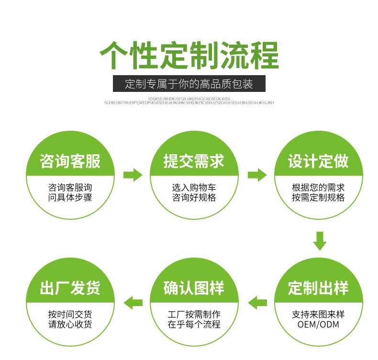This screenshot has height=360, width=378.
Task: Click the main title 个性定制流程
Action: click(x=189, y=56)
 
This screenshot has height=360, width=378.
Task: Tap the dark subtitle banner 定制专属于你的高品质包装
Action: click(x=189, y=84)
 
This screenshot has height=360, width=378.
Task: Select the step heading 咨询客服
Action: click(x=70, y=161)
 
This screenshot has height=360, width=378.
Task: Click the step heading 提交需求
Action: click(x=194, y=161)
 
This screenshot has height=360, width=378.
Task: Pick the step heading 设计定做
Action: click(x=318, y=161)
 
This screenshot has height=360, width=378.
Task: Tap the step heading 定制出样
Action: click(x=318, y=288)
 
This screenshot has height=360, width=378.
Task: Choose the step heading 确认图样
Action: click(x=194, y=288)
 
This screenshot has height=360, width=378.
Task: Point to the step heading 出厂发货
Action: click(x=70, y=288)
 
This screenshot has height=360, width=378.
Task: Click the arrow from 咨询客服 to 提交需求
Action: click(x=133, y=175)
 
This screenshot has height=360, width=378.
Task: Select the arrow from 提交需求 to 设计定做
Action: click(x=257, y=175)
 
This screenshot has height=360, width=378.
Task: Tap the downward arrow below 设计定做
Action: click(x=320, y=241)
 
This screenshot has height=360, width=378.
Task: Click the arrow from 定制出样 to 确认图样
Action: click(x=257, y=302)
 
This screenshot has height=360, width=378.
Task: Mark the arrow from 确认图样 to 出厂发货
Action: click(x=133, y=302)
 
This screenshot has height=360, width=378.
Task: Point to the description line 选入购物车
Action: click(x=194, y=188)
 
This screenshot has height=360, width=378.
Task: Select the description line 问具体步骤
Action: click(x=70, y=197)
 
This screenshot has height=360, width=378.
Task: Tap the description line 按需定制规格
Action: click(x=318, y=197)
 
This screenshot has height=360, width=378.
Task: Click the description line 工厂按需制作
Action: click(x=194, y=315)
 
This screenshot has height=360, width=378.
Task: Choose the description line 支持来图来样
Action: click(x=318, y=315)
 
